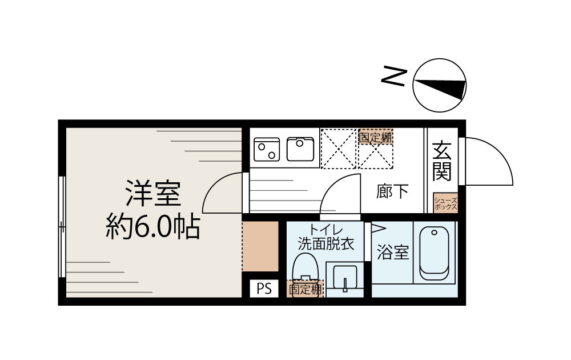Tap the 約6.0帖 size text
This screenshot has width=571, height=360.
tap(152, 227)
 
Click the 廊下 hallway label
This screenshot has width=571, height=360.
tap(393, 192)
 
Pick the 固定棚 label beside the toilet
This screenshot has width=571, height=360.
tap(305, 289)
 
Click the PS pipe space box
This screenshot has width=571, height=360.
tap(263, 289)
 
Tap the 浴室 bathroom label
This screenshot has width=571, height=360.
tap(393, 253)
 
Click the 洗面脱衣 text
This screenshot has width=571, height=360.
tap(326, 244)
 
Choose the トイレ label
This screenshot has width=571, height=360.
tap(326, 230)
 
